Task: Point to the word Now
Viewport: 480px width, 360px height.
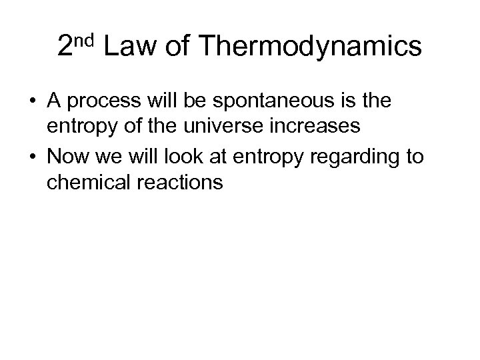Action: point(70,157)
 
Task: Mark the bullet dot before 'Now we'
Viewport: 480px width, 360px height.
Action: point(31,158)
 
